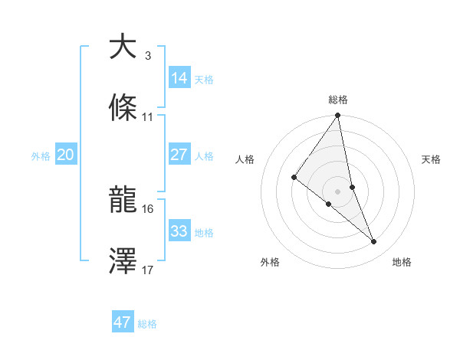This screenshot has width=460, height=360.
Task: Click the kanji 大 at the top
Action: (123, 47)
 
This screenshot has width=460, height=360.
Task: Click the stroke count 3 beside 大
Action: (148, 56)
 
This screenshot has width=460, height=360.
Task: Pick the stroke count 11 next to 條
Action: (148, 117)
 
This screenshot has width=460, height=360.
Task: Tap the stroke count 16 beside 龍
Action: (148, 208)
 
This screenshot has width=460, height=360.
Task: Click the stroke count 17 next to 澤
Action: (148, 270)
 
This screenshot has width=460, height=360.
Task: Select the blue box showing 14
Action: (179, 77)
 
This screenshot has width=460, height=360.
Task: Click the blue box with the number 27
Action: (179, 154)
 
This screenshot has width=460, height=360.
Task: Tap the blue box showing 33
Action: (179, 231)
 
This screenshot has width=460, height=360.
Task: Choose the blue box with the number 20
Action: (65, 155)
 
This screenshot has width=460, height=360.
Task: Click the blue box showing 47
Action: (123, 322)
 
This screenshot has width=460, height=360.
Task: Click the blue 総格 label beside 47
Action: (148, 324)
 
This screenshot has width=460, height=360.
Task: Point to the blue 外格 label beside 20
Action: (40, 156)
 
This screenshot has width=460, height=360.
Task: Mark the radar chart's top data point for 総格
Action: (338, 116)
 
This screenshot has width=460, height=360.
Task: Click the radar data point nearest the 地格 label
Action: (374, 242)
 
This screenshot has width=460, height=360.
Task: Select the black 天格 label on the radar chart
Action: (432, 159)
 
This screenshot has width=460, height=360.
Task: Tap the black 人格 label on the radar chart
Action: (245, 159)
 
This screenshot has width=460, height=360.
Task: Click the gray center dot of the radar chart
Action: (338, 190)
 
